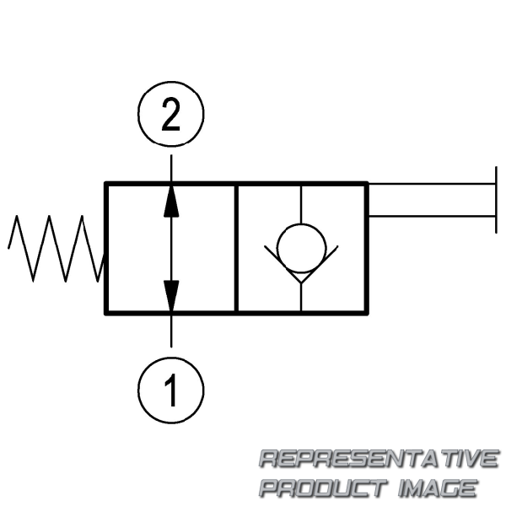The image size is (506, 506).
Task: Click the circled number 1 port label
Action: coord(171,390)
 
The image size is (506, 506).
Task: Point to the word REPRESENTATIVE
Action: coord(377,460)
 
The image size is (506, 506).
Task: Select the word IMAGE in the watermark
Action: coord(438,487)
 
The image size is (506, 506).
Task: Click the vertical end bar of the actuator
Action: coord(494,199)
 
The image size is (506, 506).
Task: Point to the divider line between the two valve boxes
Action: coord(236,248)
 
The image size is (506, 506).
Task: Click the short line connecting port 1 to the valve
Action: coord(171,330)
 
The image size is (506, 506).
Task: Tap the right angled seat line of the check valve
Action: coord(324,260)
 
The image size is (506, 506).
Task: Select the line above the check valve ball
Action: coord(302,203)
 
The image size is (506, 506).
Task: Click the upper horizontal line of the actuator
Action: coord(430,183)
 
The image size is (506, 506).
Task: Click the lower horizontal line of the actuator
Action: coord(430,216)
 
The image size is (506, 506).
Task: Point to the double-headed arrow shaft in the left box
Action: coord(171,248)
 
